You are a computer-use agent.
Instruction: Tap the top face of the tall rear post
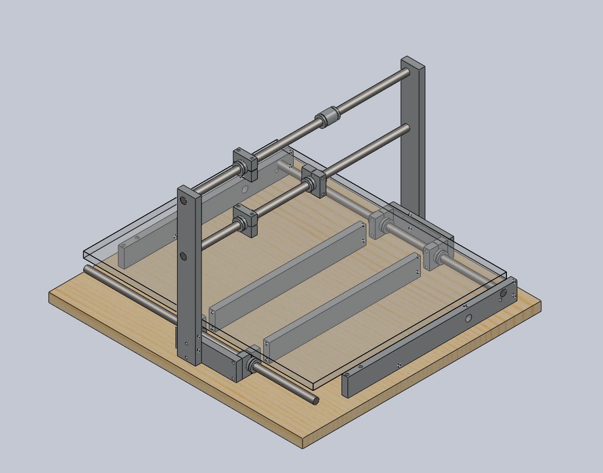pos(413,61)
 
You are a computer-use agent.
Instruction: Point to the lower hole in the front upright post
pos(183,256)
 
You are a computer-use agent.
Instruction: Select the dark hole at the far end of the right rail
pos(504,293)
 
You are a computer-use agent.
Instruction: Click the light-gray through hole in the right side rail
pos(469,318)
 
